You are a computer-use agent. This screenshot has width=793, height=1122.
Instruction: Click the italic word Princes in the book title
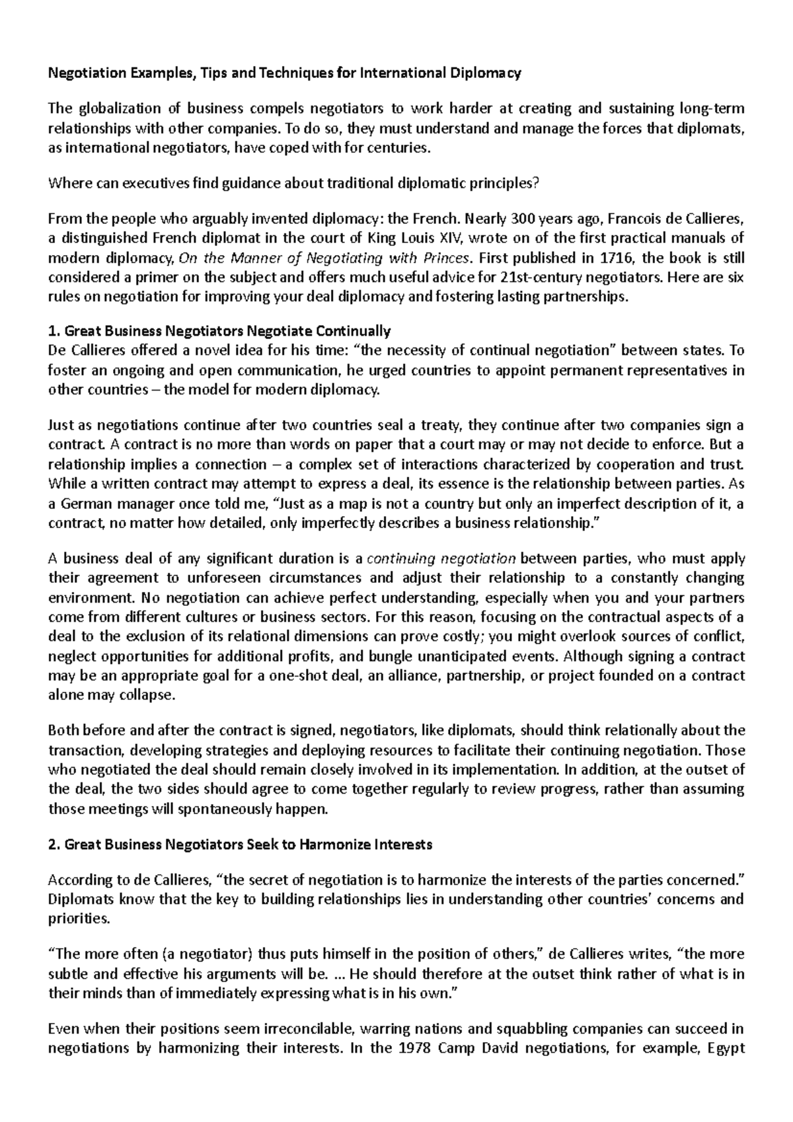point(448,258)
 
